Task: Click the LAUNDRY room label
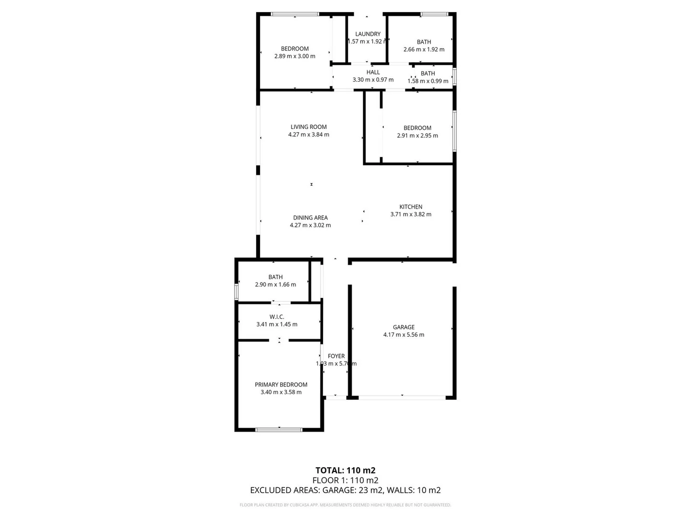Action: pos(368,34)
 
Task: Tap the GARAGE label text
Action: pos(404,327)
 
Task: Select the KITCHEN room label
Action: pos(411,207)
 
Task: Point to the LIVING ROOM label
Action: pos(309,127)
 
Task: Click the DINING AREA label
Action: pos(310,218)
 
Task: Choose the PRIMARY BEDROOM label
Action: pos(281,384)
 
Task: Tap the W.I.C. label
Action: pos(277,317)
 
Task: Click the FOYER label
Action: pos(336,356)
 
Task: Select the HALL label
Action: pos(373,73)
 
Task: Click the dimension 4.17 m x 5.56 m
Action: pos(404,335)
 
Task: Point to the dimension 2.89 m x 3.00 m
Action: pos(295,56)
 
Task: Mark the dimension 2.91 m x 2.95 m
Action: pos(417,136)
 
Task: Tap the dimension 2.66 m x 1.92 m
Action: pos(424,49)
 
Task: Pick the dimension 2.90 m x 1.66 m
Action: pos(275,284)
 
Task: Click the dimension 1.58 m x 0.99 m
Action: pos(428,81)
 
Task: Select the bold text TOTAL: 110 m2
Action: pos(345,470)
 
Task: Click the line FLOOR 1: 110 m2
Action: pos(345,480)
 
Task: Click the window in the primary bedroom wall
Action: pos(278,430)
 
